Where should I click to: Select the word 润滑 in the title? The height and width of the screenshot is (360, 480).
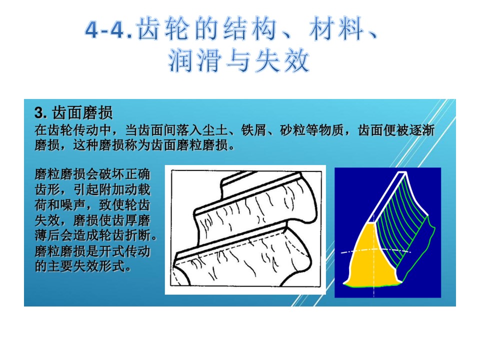click(x=194, y=60)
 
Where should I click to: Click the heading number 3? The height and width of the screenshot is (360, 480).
click(x=40, y=113)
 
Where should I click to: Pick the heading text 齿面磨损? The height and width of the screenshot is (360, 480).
click(x=82, y=112)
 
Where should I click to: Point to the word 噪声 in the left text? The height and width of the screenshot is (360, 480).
click(x=73, y=205)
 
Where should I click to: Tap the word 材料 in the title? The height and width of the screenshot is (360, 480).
click(x=336, y=29)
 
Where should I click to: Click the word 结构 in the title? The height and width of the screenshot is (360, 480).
click(x=249, y=29)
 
